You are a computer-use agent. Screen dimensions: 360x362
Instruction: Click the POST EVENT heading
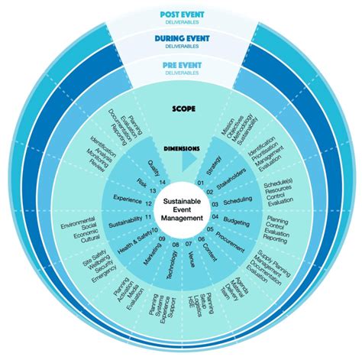point(181,15)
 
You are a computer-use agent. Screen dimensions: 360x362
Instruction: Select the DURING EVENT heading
point(181,37)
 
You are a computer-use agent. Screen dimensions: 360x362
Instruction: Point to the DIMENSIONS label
point(181,149)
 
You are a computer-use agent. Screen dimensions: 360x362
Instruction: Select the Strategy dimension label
point(215,164)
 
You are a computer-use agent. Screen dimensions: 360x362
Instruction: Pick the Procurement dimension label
point(228,240)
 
